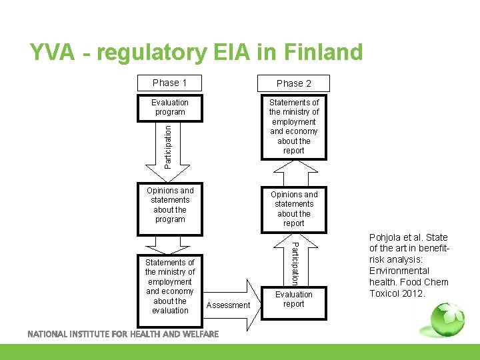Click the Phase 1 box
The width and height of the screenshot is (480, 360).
point(169,83)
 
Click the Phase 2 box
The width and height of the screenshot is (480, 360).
point(293,83)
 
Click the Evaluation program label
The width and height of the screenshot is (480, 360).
point(169,107)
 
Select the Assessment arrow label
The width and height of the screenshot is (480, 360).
point(229,305)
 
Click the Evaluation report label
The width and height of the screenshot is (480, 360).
point(293,299)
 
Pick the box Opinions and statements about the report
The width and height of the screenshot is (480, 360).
point(293,209)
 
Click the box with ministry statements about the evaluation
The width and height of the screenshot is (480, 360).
point(170,287)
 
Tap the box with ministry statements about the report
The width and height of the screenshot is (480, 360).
point(293,127)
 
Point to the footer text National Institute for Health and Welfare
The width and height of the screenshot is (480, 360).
point(123,334)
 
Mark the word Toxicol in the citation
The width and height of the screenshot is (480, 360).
point(385,293)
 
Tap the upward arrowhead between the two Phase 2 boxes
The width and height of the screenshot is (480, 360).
point(293,175)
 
